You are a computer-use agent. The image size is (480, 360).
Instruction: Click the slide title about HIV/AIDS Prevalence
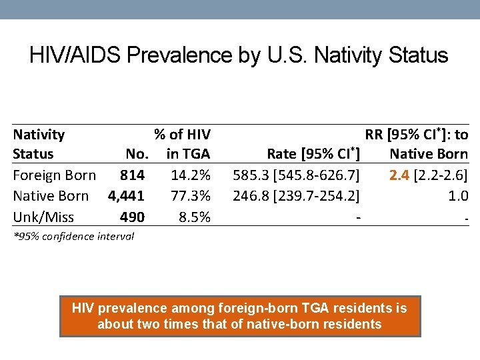(239, 55)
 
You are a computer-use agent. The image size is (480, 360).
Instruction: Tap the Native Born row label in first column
(51, 196)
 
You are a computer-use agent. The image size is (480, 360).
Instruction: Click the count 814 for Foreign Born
(132, 175)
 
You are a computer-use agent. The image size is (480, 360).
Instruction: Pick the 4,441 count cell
(126, 196)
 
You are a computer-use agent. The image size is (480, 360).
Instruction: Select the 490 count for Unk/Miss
(132, 217)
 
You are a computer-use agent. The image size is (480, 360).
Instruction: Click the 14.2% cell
(191, 175)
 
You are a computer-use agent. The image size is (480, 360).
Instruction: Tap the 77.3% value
(191, 196)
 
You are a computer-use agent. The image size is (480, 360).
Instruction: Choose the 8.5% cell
(195, 217)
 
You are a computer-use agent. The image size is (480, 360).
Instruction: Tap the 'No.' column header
(137, 154)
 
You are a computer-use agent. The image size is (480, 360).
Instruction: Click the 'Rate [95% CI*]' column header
(313, 154)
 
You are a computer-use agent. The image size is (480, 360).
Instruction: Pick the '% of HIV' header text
(182, 135)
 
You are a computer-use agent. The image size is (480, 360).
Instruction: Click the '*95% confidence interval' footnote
(73, 236)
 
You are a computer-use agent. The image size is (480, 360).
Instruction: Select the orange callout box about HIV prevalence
(239, 316)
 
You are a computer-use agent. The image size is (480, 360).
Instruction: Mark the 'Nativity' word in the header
(39, 135)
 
